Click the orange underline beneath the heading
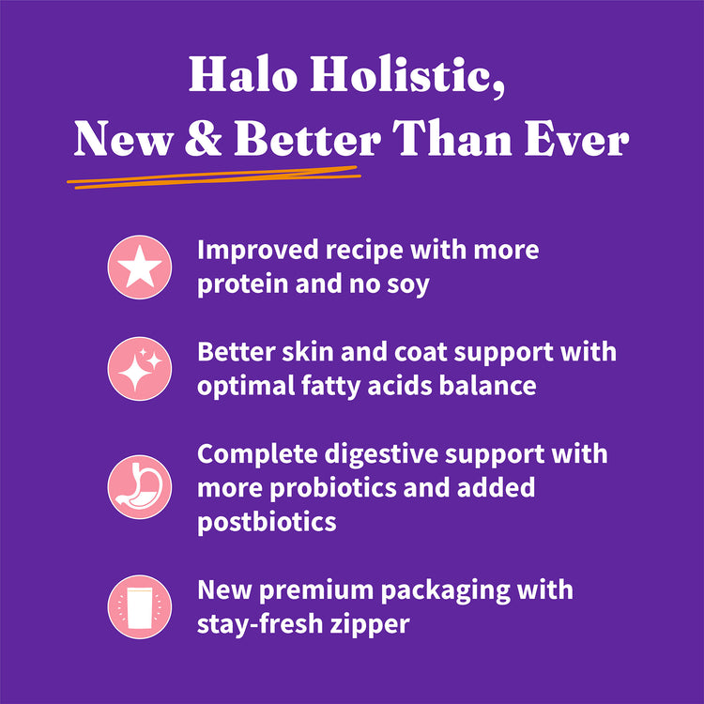coord(216,177)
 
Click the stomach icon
coord(140,487)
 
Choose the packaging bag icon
coord(140,606)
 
